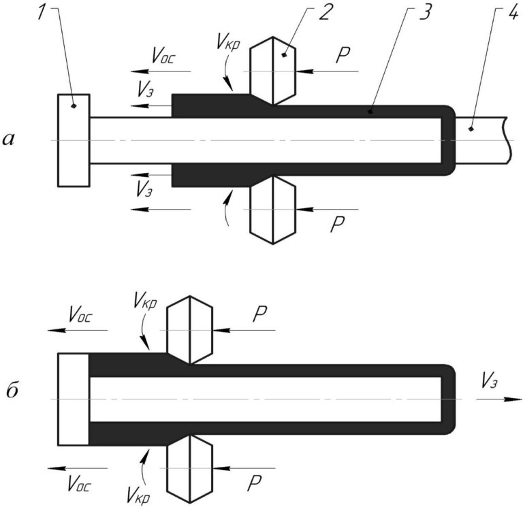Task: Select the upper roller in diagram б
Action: coord(190,330)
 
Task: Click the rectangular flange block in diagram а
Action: coord(73,140)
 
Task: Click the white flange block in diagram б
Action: coord(73,399)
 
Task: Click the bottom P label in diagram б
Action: coord(254,484)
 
